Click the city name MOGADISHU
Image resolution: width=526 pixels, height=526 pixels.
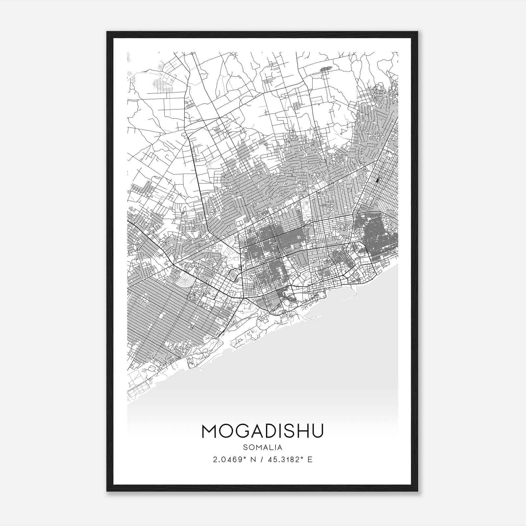(x=263, y=431)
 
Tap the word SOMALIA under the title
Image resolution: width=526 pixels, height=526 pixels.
(x=263, y=447)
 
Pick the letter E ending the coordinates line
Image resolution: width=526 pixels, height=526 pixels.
(x=310, y=459)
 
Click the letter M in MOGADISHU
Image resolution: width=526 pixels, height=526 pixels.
(x=210, y=431)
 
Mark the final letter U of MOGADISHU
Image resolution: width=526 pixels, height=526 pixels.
(x=316, y=431)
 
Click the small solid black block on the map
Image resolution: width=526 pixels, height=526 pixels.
(x=377, y=180)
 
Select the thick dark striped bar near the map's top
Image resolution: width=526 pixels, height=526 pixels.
(x=326, y=68)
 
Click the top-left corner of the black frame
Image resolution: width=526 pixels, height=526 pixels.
(x=107, y=32)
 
